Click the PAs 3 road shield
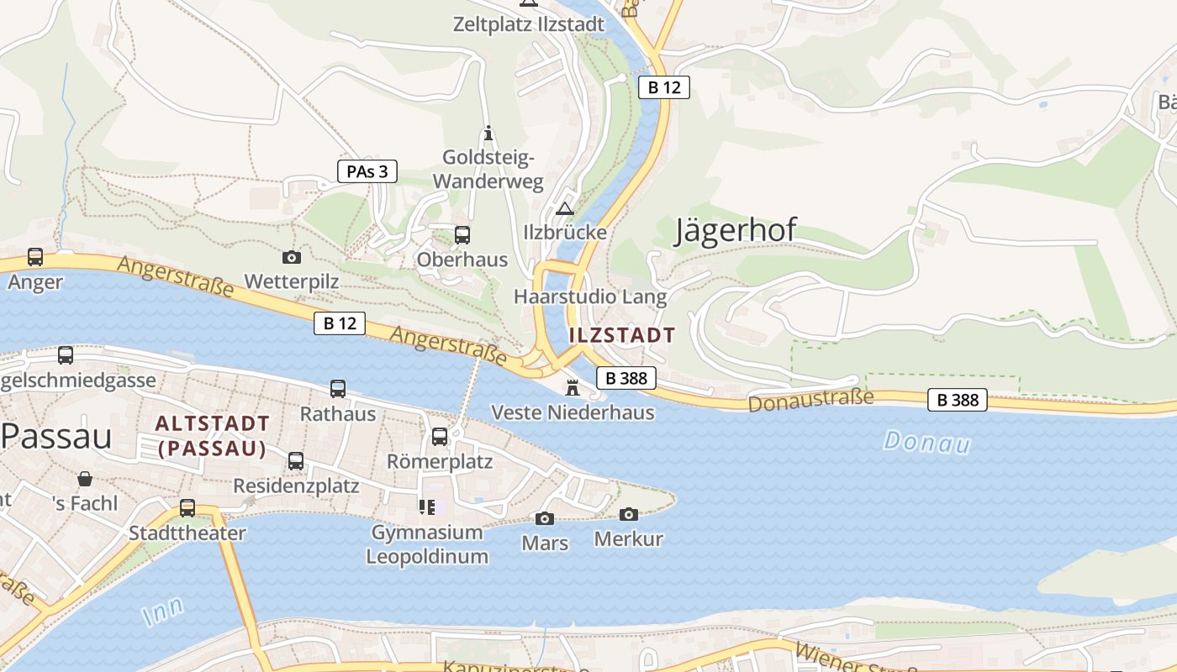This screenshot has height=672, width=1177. click(367, 171)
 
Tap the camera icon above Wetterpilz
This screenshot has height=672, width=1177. click(292, 257)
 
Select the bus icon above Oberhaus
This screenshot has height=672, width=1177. click(462, 235)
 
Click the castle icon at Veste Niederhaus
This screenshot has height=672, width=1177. click(573, 387)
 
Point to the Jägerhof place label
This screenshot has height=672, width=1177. click(736, 231)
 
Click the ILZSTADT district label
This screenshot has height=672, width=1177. click(621, 335)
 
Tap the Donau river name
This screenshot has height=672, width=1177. click(927, 441)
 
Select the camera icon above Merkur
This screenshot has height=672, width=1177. click(629, 514)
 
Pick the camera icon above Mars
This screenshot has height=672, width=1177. click(545, 518)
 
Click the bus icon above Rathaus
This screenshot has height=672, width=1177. click(338, 389)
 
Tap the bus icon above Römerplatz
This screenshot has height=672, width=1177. click(440, 437)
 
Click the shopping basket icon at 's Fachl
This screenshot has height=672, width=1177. click(85, 480)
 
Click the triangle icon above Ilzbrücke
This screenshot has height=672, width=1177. click(565, 207)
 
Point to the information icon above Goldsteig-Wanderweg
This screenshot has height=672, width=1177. click(488, 133)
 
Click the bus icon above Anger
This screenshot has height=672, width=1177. click(35, 257)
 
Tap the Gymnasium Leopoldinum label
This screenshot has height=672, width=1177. click(427, 544)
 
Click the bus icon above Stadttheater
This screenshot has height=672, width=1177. click(187, 508)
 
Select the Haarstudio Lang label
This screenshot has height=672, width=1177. click(590, 297)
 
